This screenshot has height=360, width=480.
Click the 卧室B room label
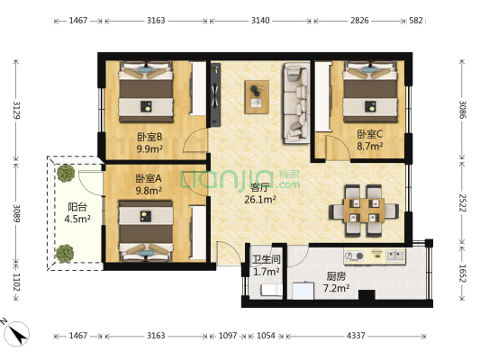149,137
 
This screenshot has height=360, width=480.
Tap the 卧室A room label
148,178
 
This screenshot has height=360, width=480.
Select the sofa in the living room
294,102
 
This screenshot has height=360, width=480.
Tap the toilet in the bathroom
267,290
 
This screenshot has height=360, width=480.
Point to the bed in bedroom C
367,94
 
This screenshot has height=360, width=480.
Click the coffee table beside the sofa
258,94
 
